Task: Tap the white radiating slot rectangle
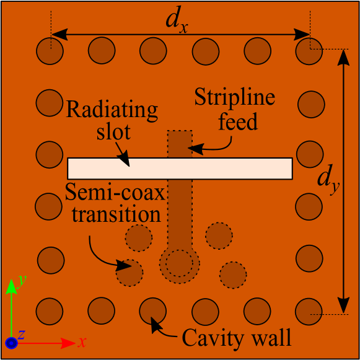point(180,169)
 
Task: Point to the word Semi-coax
point(116,193)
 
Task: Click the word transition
point(116,215)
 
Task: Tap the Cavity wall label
point(236,338)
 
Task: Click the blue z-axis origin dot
point(11,342)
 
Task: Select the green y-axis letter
point(20,280)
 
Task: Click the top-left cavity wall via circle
point(50,51)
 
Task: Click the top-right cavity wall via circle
point(309,51)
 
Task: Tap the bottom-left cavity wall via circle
point(50,310)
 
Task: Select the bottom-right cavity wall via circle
point(309,310)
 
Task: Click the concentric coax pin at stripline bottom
point(179,263)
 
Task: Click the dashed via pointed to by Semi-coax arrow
point(130,272)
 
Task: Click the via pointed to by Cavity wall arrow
point(152,310)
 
